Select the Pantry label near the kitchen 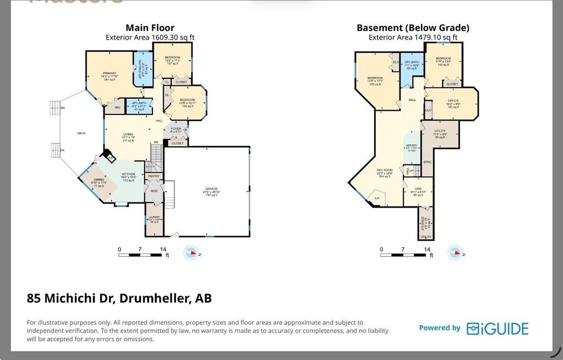click(154, 176)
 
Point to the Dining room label click(99, 182)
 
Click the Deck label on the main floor click(81, 133)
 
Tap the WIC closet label click(117, 107)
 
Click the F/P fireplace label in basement click(377, 198)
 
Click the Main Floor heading click(150, 28)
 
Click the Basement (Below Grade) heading click(413, 28)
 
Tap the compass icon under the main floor click(191, 253)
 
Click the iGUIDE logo click(498, 329)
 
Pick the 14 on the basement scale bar click(427, 249)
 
